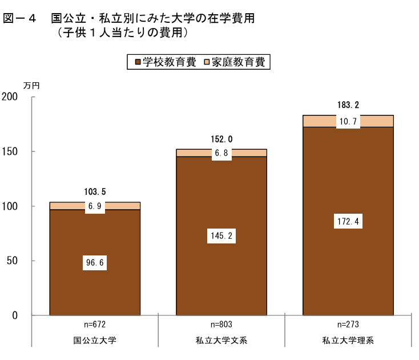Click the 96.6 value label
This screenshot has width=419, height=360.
pos(95,263)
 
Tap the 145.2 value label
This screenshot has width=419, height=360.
pos(221,236)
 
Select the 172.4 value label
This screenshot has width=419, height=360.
pos(348,222)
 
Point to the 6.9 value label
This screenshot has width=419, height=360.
pos(95,206)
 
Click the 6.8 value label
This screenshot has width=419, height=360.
pos(221,153)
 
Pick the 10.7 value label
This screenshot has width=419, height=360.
pos(348,122)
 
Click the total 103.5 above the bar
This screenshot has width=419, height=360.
pos(95,192)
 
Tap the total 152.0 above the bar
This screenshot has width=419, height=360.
pos(221,139)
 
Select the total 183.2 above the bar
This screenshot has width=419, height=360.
pos(348,105)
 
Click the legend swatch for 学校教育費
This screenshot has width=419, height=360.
pos(138,62)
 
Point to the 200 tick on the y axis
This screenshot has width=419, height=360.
pos(10,97)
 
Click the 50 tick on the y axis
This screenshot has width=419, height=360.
pos(13,261)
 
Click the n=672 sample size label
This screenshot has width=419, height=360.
pos(95,325)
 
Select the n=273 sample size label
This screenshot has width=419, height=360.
pos(348,325)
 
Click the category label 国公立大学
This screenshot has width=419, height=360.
pos(95,341)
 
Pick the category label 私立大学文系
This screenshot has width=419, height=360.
pos(221,341)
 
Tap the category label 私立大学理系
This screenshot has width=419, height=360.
pos(348,341)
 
